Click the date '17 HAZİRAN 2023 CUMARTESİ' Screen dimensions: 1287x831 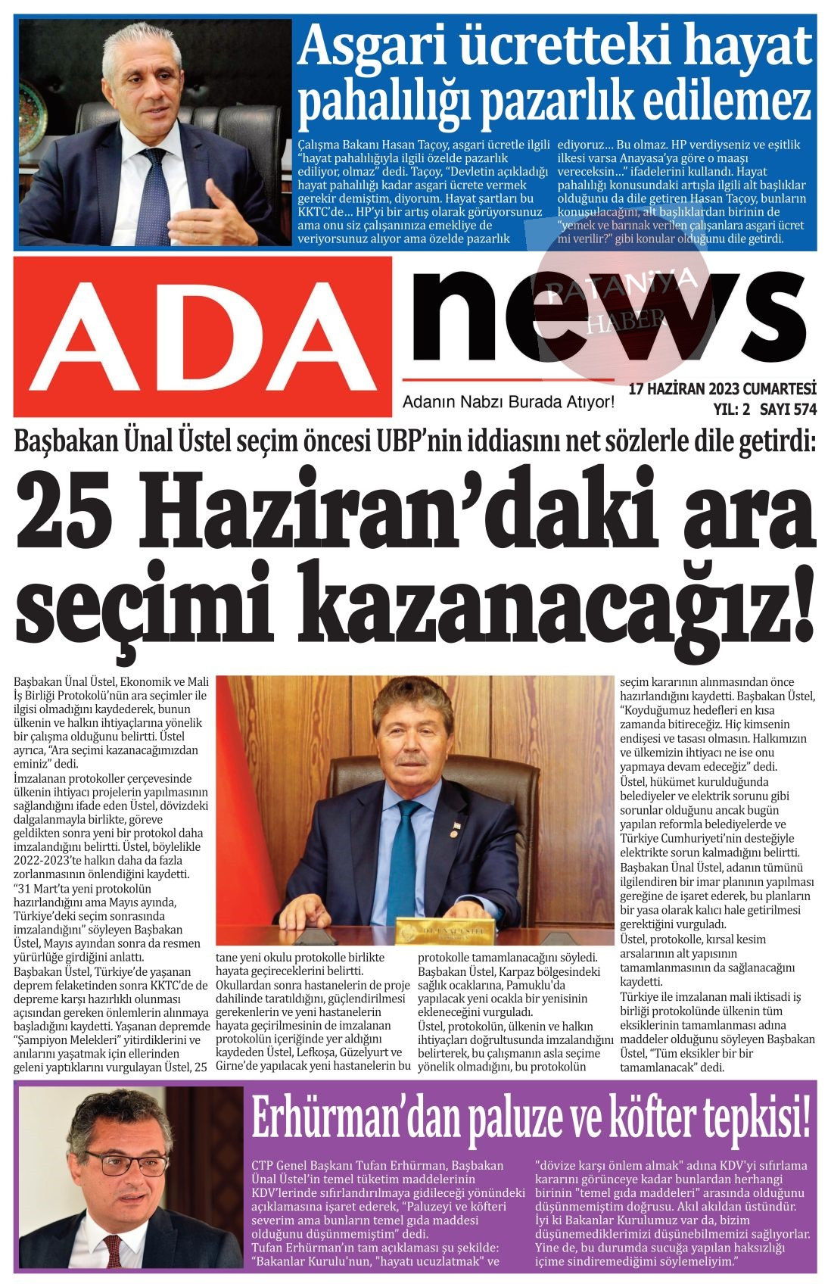click(723, 389)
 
